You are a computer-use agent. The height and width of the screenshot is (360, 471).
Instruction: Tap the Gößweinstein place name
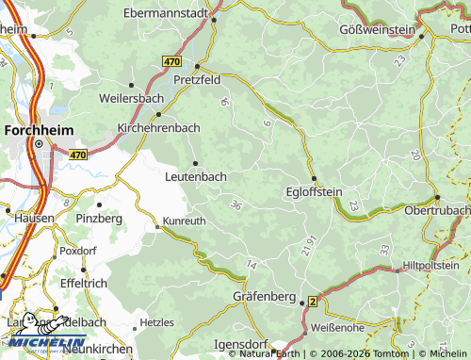(x=377, y=30)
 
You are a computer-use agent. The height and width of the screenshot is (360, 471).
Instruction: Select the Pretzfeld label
(x=197, y=81)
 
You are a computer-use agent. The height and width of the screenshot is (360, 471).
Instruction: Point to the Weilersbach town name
(x=131, y=98)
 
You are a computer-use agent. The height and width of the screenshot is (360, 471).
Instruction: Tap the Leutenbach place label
(x=196, y=175)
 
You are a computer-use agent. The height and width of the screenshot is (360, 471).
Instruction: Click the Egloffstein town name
(x=314, y=192)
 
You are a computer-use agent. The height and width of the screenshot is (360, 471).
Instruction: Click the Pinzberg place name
(x=99, y=219)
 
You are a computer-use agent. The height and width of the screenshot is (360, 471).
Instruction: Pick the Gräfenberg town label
(x=266, y=297)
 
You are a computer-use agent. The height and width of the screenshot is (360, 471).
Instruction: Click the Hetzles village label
(x=156, y=322)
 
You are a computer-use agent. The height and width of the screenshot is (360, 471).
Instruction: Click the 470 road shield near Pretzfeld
(x=171, y=60)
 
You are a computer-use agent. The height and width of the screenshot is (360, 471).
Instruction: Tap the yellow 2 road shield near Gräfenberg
(x=312, y=302)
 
